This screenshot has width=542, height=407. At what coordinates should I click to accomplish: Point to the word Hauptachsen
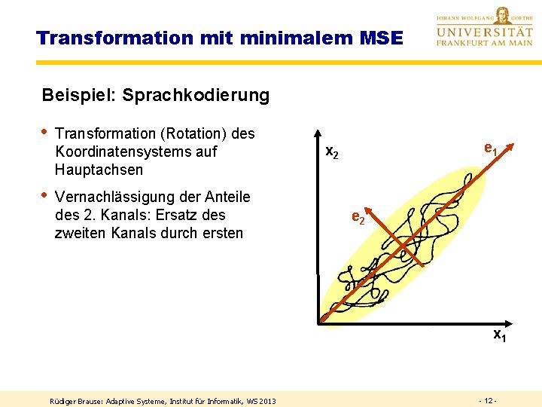[x=99, y=170]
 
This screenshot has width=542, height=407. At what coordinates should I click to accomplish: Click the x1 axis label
[x=498, y=335]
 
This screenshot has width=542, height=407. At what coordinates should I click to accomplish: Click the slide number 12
[x=487, y=399]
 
